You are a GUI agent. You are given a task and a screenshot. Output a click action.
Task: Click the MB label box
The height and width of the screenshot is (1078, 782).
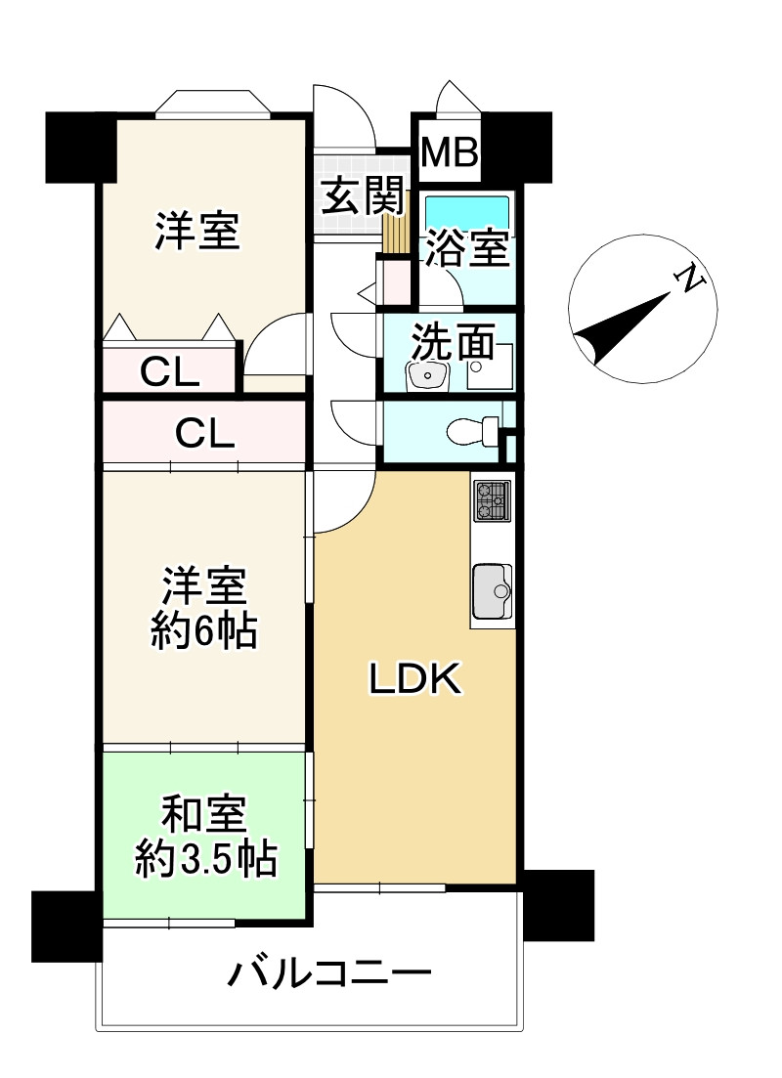point(450,152)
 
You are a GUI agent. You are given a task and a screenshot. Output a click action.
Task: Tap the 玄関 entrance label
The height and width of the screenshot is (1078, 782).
point(364,195)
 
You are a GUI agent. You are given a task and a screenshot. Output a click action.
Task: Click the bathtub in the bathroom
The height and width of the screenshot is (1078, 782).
point(467,209)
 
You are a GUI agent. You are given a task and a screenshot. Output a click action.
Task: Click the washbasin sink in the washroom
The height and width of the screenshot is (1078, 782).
point(427,375)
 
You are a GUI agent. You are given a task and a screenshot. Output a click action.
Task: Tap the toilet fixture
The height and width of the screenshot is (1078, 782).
point(474,431)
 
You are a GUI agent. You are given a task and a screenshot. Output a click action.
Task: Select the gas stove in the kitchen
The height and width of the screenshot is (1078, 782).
point(493,499)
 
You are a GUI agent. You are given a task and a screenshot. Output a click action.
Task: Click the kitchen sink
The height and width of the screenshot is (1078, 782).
point(493,591)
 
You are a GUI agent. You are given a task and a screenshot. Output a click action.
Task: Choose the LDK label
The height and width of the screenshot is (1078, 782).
point(415,679)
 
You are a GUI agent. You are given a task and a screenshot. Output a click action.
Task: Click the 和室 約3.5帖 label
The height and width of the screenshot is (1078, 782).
point(205,836)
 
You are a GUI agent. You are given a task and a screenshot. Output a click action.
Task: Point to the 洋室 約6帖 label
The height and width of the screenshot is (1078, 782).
point(204,608)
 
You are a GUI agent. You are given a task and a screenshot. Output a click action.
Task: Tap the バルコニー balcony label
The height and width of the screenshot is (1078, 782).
point(330,972)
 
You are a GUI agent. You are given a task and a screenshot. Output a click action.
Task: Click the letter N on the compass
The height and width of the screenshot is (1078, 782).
point(690,279)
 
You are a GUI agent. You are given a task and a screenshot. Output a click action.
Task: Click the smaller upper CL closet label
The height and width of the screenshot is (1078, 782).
point(170,372)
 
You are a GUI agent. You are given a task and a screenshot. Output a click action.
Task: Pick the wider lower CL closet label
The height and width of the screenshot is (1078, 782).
point(204,433)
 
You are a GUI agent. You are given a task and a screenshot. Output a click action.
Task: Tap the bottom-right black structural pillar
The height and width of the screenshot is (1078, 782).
point(558,905)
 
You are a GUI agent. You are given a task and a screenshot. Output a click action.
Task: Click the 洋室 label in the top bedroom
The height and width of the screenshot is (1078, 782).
point(197,231)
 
